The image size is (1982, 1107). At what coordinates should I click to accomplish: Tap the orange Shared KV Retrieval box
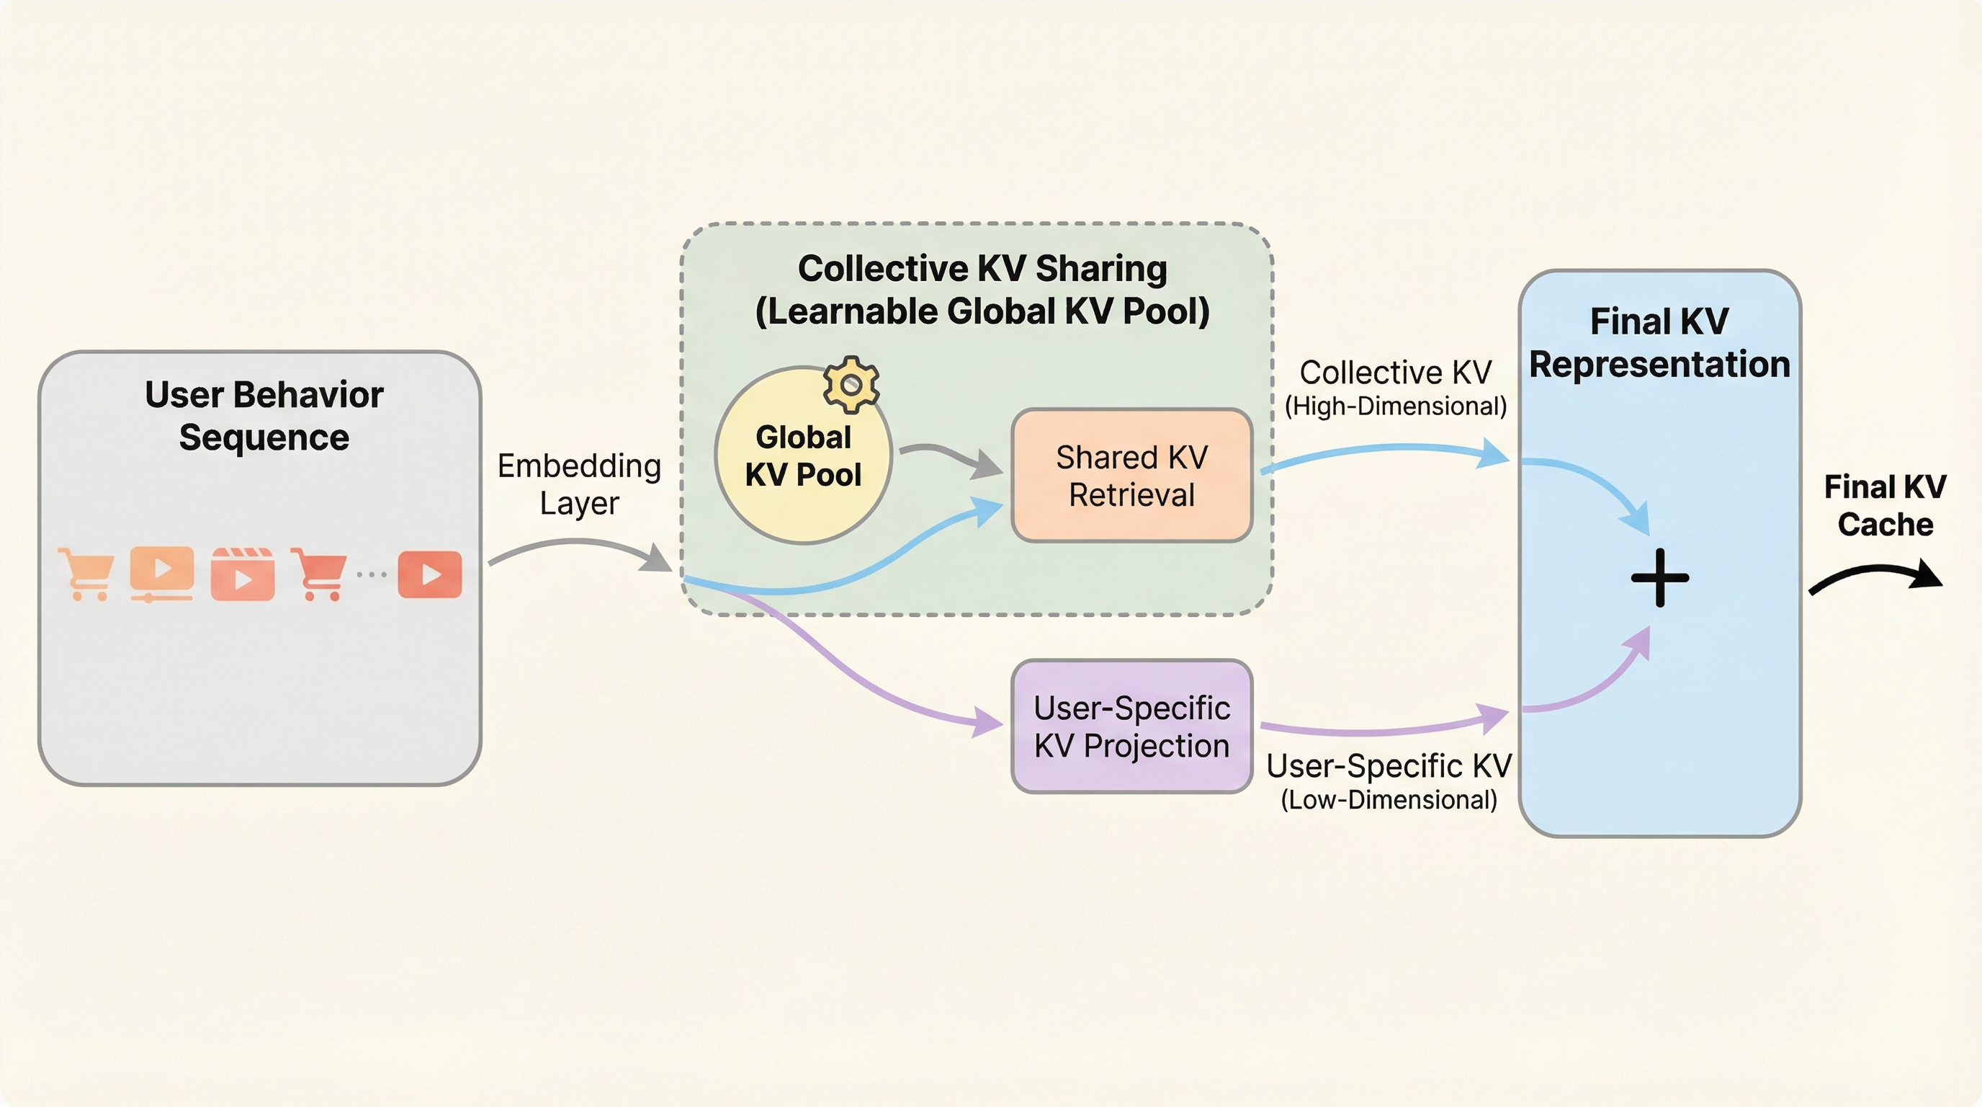point(1131,476)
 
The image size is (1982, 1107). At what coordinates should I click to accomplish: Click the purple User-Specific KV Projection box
point(1131,726)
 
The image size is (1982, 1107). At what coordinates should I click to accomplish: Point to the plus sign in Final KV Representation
point(1659,577)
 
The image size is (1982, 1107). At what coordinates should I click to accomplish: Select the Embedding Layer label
point(578,484)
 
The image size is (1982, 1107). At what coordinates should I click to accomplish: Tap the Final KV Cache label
point(1885,505)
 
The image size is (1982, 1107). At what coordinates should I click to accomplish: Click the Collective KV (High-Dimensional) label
point(1395,387)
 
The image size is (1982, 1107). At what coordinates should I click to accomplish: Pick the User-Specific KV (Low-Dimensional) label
point(1389,780)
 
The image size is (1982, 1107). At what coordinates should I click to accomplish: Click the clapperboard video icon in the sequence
point(243,574)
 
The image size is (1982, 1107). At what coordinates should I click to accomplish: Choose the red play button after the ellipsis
point(429,574)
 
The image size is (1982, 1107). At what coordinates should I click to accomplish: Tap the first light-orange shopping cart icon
point(87,574)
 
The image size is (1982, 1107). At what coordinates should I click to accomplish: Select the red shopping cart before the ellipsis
point(318,574)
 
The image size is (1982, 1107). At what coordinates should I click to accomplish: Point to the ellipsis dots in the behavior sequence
point(372,574)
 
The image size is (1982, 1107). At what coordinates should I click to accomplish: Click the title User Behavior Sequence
point(264,416)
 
